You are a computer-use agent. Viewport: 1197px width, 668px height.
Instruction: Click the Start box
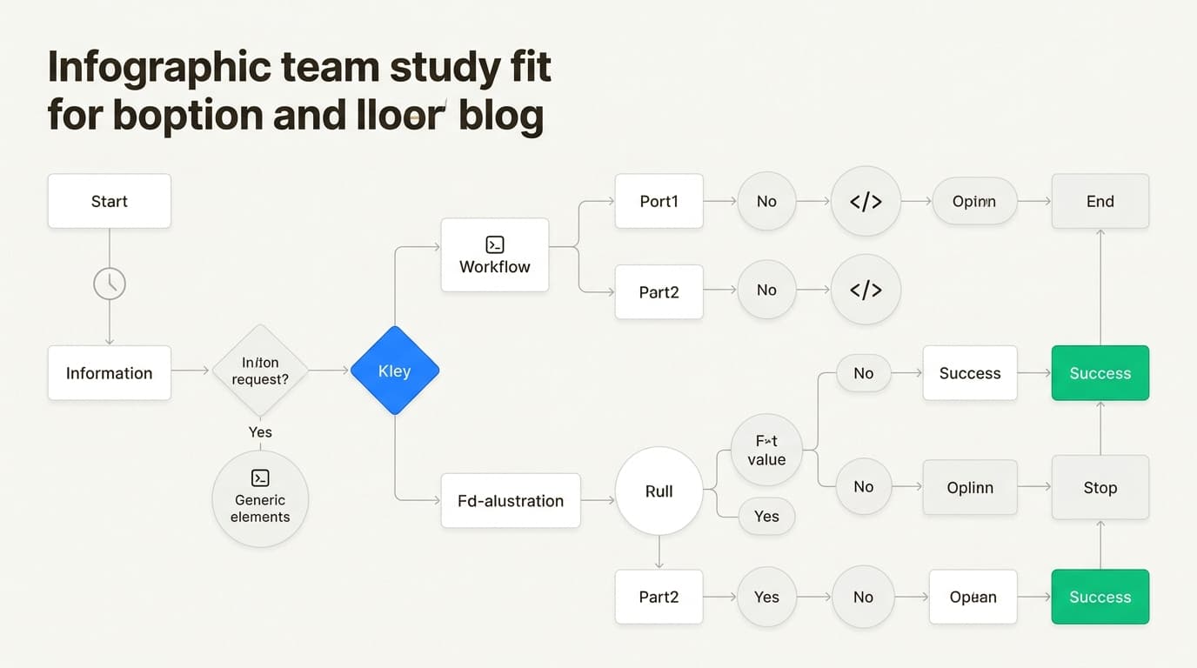(x=109, y=201)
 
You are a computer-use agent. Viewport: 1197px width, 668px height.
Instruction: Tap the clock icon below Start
(x=110, y=284)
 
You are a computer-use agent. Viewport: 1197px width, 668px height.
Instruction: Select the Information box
(x=109, y=373)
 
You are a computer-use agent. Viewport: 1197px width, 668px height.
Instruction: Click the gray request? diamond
(x=260, y=371)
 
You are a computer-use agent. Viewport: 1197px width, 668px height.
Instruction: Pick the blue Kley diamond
(x=395, y=371)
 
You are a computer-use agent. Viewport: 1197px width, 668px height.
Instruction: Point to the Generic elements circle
(x=260, y=499)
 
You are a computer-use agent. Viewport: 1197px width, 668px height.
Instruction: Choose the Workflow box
(x=494, y=256)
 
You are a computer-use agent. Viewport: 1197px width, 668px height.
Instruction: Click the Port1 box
(x=659, y=201)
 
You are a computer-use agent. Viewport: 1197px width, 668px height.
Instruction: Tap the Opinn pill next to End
(x=973, y=201)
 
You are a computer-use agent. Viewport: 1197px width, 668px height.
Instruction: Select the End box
(x=1100, y=201)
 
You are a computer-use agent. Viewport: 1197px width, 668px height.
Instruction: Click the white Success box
(x=969, y=373)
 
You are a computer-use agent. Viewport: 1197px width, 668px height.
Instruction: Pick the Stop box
(x=1100, y=487)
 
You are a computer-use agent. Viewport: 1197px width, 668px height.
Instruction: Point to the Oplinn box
(x=969, y=487)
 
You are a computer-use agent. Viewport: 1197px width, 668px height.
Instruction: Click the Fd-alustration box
(x=511, y=500)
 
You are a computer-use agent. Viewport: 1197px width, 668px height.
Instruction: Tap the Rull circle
(x=659, y=491)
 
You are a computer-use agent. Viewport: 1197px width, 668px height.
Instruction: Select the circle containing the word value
(x=766, y=451)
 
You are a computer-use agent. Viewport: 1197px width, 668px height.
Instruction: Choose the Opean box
(x=973, y=597)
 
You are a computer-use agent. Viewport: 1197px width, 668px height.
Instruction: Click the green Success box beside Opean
(x=1100, y=597)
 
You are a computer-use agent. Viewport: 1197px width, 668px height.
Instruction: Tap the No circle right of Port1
(x=766, y=201)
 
